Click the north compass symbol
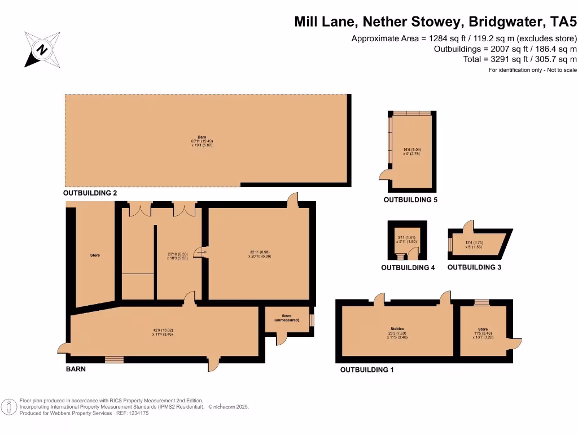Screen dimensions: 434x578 [x=42, y=49]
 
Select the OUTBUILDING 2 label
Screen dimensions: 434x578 [x=90, y=193]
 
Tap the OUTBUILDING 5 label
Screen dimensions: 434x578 [x=410, y=200]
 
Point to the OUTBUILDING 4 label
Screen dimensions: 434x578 [x=408, y=268]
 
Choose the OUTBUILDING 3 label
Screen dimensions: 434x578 [x=474, y=267]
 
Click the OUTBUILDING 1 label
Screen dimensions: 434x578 [x=366, y=370]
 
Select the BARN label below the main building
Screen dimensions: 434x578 [x=76, y=369]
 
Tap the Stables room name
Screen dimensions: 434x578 [x=397, y=328]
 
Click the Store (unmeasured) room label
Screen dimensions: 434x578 [x=286, y=318]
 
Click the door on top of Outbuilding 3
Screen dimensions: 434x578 [x=468, y=224]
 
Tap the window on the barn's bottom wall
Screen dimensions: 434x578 [x=114, y=359]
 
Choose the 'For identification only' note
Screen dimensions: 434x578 [x=532, y=70]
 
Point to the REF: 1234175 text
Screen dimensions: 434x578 [x=133, y=413]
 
